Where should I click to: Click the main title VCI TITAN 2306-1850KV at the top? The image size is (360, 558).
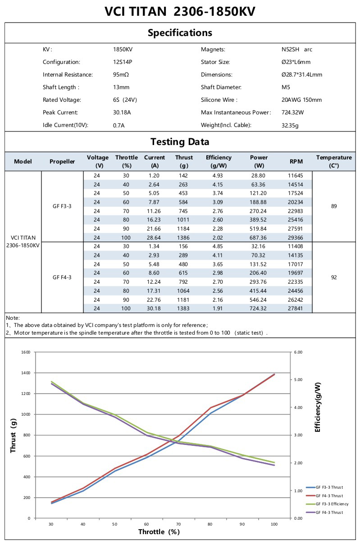[x=180, y=12]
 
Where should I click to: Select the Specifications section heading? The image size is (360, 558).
[x=180, y=33]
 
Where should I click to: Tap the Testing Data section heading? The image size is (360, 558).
[x=180, y=142]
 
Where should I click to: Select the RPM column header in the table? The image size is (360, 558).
[x=296, y=161]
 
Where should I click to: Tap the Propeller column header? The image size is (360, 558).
[x=62, y=161]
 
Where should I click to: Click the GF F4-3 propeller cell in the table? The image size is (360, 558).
[x=62, y=277]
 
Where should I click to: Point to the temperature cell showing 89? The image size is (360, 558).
[x=333, y=206]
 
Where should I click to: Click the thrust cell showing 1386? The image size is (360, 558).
[x=183, y=237]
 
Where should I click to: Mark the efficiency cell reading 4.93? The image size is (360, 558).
[x=218, y=175]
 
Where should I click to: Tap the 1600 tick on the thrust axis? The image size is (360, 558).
[x=25, y=352]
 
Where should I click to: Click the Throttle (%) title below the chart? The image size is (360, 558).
[x=159, y=532]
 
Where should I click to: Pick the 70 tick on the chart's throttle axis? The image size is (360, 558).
[x=178, y=524]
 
